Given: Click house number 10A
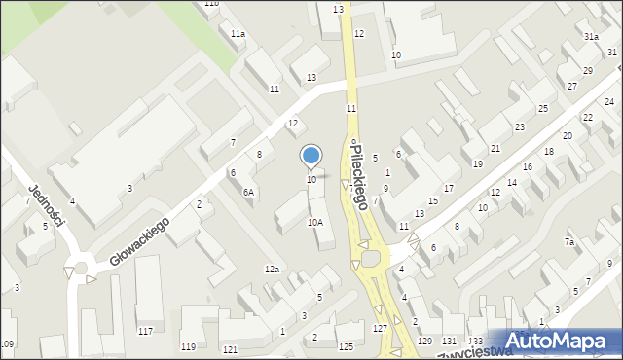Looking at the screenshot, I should click(314, 222).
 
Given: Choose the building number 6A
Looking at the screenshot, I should click(248, 192).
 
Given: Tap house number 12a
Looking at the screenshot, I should click(272, 269).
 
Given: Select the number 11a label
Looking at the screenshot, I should click(238, 34).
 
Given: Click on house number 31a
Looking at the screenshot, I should click(591, 37).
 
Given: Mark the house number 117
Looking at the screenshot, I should click(145, 332).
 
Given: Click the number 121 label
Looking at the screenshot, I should click(230, 348).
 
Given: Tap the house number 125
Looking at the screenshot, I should click(346, 347).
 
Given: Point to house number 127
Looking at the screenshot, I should click(380, 329).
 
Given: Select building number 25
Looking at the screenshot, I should click(543, 108).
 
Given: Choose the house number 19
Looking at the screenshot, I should click(477, 163).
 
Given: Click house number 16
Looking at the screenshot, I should click(527, 167).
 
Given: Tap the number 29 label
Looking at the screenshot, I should click(588, 71).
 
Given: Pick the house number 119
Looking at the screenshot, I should click(188, 346).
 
